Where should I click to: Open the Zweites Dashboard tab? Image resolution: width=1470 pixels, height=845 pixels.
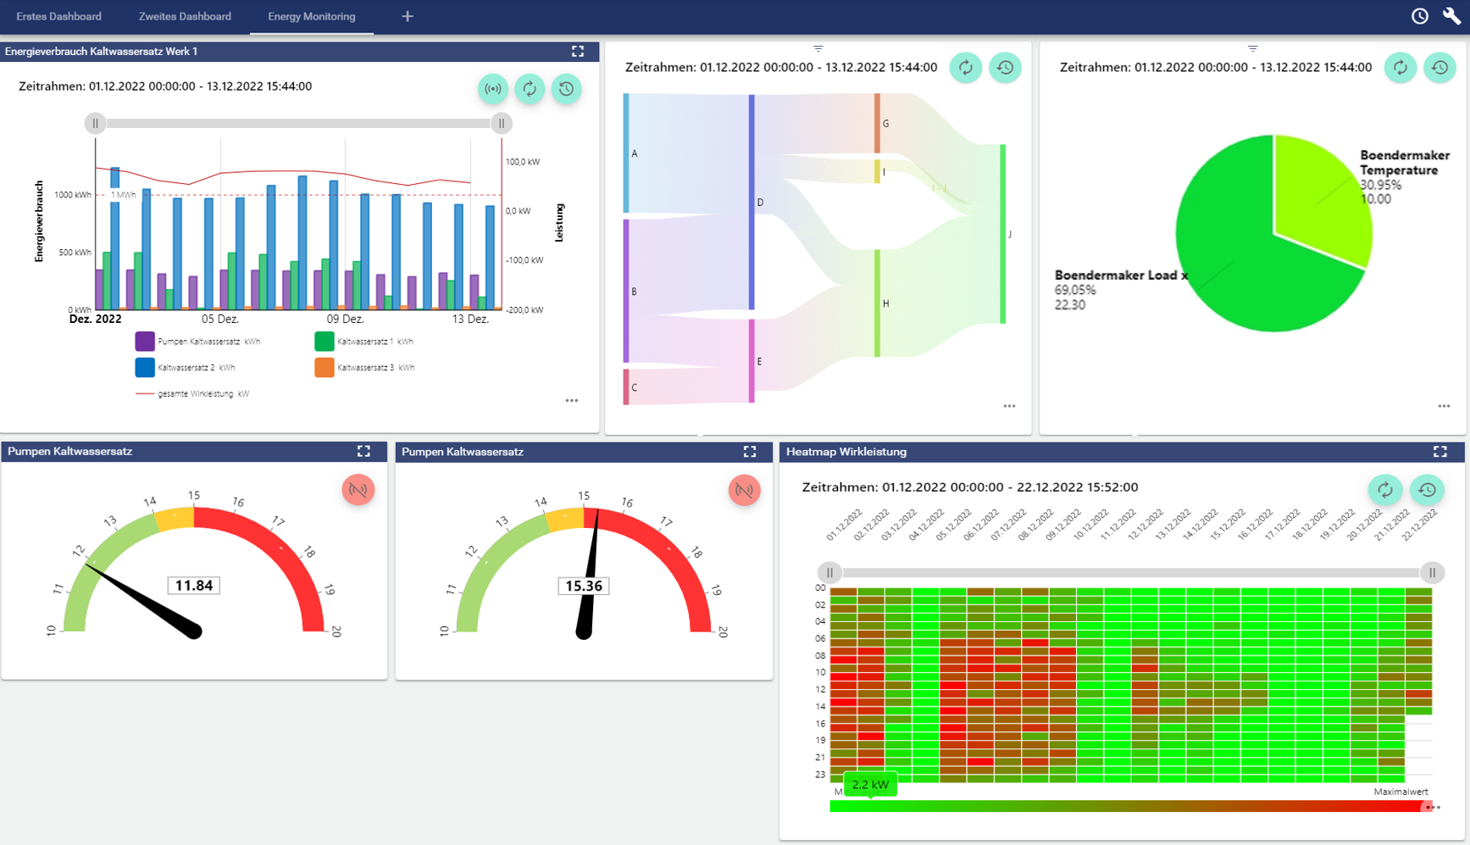(x=185, y=17)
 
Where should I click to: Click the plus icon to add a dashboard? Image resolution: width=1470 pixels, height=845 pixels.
(x=408, y=17)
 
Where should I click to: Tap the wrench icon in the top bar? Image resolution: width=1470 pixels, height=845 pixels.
(x=1451, y=16)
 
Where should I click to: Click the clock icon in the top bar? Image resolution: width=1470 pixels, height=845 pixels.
(x=1420, y=16)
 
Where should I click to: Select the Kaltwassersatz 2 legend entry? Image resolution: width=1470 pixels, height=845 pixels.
(x=195, y=368)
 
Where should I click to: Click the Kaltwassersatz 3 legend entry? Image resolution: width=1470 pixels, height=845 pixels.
(x=374, y=368)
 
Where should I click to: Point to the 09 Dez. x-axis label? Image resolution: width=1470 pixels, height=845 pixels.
(x=345, y=320)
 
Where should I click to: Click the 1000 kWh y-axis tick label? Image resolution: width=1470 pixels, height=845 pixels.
(x=73, y=195)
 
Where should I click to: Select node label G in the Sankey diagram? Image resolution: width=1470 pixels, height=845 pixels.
(x=886, y=124)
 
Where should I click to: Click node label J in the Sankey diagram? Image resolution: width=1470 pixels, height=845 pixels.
(x=1010, y=234)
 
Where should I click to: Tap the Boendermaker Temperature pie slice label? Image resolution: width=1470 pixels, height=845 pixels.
(x=1404, y=163)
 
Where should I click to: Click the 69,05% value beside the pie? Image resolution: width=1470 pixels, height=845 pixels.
(x=1075, y=290)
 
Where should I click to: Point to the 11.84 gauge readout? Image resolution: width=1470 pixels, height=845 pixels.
(x=194, y=586)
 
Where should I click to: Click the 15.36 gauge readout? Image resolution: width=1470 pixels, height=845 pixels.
(x=584, y=586)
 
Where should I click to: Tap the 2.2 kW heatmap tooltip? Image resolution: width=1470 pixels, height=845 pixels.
(x=870, y=785)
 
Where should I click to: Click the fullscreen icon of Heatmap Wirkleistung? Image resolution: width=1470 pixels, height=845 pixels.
(x=1439, y=452)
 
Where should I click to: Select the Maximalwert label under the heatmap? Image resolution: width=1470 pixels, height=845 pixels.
(x=1400, y=792)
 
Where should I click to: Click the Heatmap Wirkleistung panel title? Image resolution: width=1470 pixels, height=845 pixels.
(x=846, y=452)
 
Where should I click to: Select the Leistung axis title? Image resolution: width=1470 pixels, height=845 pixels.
(x=559, y=223)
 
